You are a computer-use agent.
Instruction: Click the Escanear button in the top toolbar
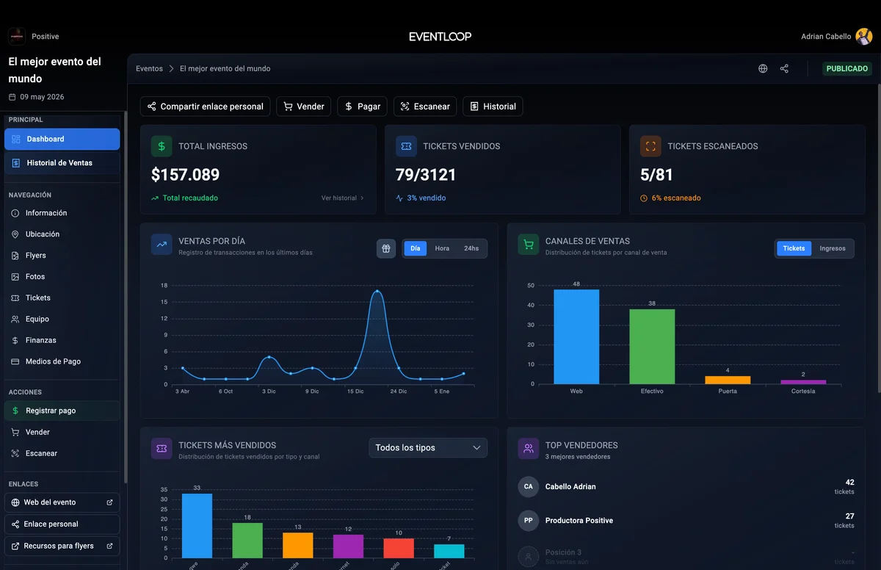point(425,107)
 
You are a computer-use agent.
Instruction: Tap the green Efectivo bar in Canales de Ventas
point(652,346)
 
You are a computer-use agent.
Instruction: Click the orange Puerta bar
point(728,380)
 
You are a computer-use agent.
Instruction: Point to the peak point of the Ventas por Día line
point(377,292)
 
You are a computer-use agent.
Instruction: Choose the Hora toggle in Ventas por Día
point(442,248)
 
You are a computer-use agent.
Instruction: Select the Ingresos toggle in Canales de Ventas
point(833,248)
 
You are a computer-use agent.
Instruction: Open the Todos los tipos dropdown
point(428,448)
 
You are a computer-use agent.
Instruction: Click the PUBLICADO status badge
point(847,68)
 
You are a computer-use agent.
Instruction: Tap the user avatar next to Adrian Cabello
point(864,36)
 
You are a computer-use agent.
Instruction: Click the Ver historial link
point(342,198)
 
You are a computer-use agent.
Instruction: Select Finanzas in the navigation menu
point(41,340)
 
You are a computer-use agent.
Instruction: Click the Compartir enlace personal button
point(205,107)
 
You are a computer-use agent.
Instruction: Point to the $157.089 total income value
point(185,175)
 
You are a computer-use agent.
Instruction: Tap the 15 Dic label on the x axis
point(355,392)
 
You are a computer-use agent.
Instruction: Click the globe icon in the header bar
point(763,68)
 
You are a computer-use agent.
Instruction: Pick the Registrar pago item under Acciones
point(51,411)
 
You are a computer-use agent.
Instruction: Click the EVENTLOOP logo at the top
point(440,36)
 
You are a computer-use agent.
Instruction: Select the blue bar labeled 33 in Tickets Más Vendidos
point(197,525)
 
